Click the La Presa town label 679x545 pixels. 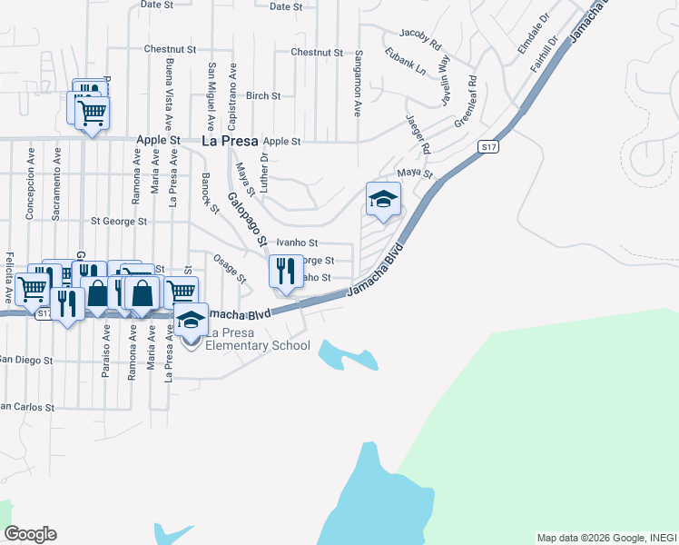(x=229, y=141)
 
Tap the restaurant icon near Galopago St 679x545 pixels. (x=286, y=270)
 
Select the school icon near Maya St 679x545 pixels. (x=383, y=199)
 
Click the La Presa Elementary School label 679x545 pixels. (x=258, y=345)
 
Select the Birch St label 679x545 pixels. (x=263, y=95)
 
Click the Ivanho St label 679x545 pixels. (x=297, y=243)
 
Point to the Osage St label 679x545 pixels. (x=230, y=268)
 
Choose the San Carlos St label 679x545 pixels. (x=27, y=406)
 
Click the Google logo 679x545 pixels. (x=30, y=534)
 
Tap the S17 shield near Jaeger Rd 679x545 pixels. (x=487, y=146)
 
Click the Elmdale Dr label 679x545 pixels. (x=532, y=32)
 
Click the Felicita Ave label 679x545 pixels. (x=10, y=278)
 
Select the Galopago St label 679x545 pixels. (x=246, y=220)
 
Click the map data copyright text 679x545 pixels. (x=605, y=538)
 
